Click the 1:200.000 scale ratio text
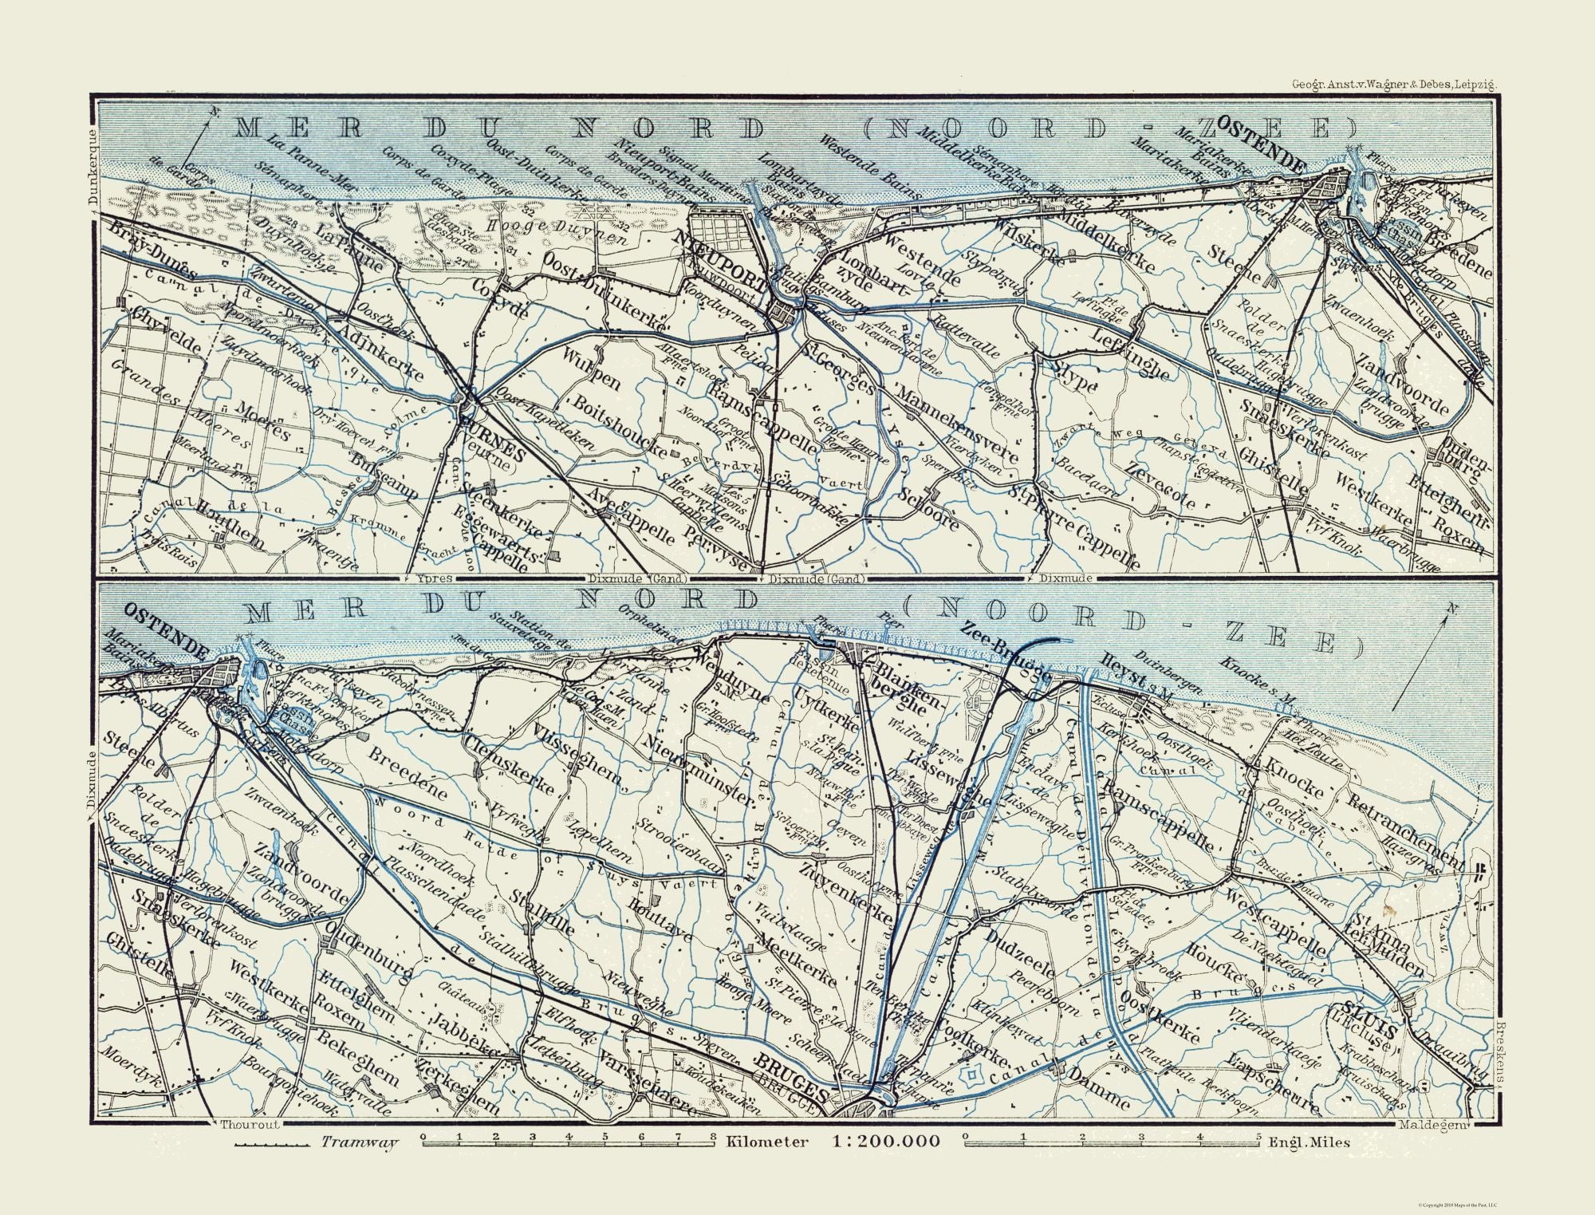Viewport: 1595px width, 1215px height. click(885, 1142)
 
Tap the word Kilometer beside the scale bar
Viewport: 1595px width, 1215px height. click(767, 1142)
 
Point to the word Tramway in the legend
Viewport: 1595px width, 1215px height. click(359, 1142)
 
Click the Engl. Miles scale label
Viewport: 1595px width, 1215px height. click(1309, 1142)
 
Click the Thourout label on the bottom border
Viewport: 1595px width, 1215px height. click(240, 1125)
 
